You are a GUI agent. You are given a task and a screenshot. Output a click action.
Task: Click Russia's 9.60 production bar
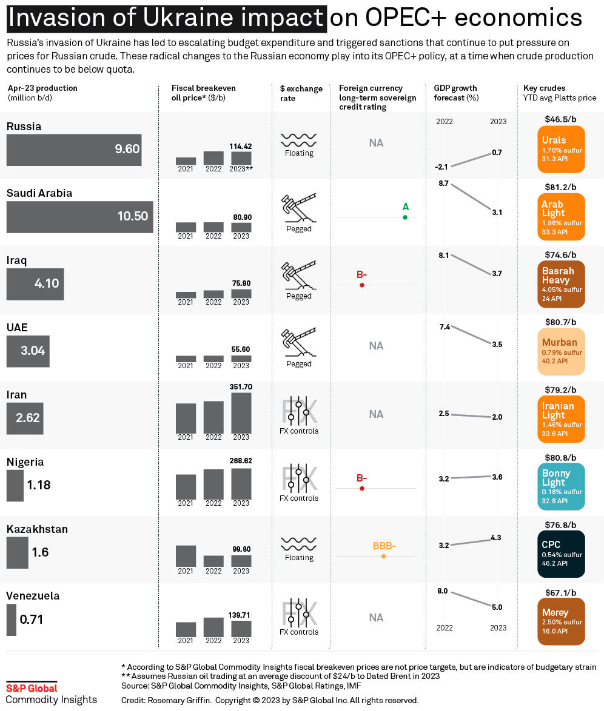point(74,150)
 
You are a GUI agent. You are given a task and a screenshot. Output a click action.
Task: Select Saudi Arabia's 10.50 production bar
point(80,217)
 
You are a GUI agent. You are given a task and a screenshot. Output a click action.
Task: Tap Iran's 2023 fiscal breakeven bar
point(241,413)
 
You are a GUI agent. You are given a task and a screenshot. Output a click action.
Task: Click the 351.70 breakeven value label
point(241,387)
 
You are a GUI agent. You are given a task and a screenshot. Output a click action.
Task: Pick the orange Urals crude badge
point(561,149)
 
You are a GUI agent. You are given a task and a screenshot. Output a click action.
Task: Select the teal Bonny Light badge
point(561,486)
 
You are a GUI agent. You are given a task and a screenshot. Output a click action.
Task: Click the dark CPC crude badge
point(561,554)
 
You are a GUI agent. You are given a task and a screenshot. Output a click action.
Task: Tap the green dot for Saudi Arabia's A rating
point(405,217)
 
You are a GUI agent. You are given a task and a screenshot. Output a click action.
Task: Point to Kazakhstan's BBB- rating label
point(384,546)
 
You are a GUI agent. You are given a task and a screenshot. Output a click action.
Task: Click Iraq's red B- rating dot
point(362,285)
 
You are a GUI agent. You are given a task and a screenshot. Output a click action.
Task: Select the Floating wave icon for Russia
point(298,140)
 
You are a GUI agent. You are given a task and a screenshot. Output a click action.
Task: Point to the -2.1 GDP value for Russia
point(441,167)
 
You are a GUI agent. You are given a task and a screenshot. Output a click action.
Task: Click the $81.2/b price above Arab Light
point(560,187)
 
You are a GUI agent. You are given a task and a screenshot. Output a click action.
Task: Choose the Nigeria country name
point(25,462)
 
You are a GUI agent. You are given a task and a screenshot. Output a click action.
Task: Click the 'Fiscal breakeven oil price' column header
point(203,93)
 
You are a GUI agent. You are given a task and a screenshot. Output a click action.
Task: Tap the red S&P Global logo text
point(32,689)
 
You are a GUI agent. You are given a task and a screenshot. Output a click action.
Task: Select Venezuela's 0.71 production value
point(32,620)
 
